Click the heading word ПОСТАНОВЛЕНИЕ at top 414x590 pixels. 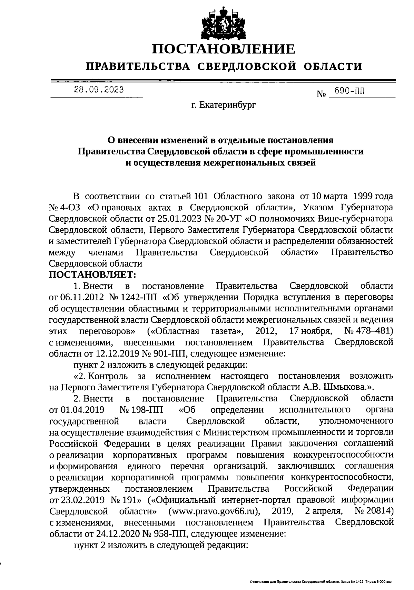click(x=224, y=49)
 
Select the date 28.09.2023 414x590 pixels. click(x=99, y=90)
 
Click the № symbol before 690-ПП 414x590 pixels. click(x=321, y=94)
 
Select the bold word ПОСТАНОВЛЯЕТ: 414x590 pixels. click(x=93, y=274)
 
